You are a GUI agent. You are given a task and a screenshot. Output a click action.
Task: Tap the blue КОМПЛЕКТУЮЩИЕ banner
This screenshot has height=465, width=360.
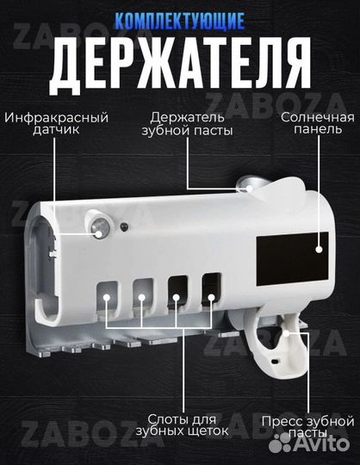[179, 18]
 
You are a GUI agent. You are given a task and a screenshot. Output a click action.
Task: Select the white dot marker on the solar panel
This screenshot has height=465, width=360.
[319, 248]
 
